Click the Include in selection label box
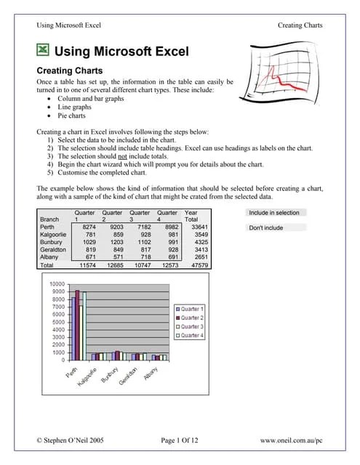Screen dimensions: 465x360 273,213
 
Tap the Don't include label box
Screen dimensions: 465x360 266,228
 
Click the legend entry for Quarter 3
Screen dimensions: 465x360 192,327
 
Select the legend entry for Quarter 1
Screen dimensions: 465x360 192,310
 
